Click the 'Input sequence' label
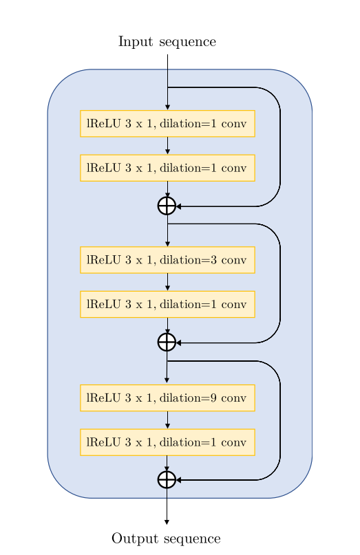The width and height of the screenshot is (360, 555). point(167,42)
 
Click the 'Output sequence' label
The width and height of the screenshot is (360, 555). point(166,538)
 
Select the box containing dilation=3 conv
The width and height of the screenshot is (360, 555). point(167,260)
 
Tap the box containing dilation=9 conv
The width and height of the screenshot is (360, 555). point(167,398)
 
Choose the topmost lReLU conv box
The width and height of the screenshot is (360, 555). point(167,124)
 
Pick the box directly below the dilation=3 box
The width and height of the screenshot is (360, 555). point(167,304)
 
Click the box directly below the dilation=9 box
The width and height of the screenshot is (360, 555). point(167,442)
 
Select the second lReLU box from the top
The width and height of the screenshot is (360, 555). point(167,168)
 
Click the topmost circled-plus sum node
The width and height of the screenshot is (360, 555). point(167,206)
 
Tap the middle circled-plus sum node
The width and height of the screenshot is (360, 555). point(167,342)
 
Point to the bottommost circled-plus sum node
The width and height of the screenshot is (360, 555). point(167,479)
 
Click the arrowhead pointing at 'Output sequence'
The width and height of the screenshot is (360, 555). point(167,522)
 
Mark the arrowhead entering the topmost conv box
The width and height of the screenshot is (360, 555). point(167,107)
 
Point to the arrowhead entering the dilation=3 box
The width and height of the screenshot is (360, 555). point(167,243)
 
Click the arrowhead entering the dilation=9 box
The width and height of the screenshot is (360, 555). point(167,380)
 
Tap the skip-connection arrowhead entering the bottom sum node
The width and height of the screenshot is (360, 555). point(179,479)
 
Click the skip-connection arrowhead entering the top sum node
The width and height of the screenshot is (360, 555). point(179,206)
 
